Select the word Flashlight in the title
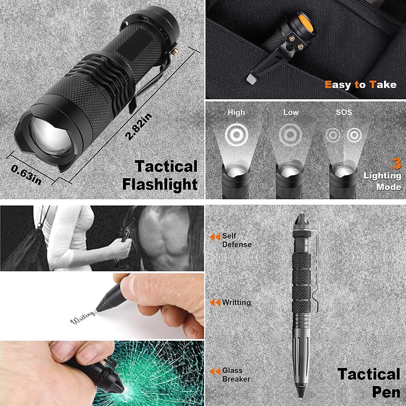pos(160,185)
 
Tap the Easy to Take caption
pos(361,85)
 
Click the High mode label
pos(236,112)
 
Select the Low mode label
pos(291,112)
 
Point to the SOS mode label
pos(344,112)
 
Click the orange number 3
pos(397,164)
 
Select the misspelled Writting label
pos(236,302)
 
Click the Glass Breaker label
pos(236,375)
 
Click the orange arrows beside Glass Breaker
pos(215,372)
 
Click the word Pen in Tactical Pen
pos(386,392)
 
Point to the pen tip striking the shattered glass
pos(120,390)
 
